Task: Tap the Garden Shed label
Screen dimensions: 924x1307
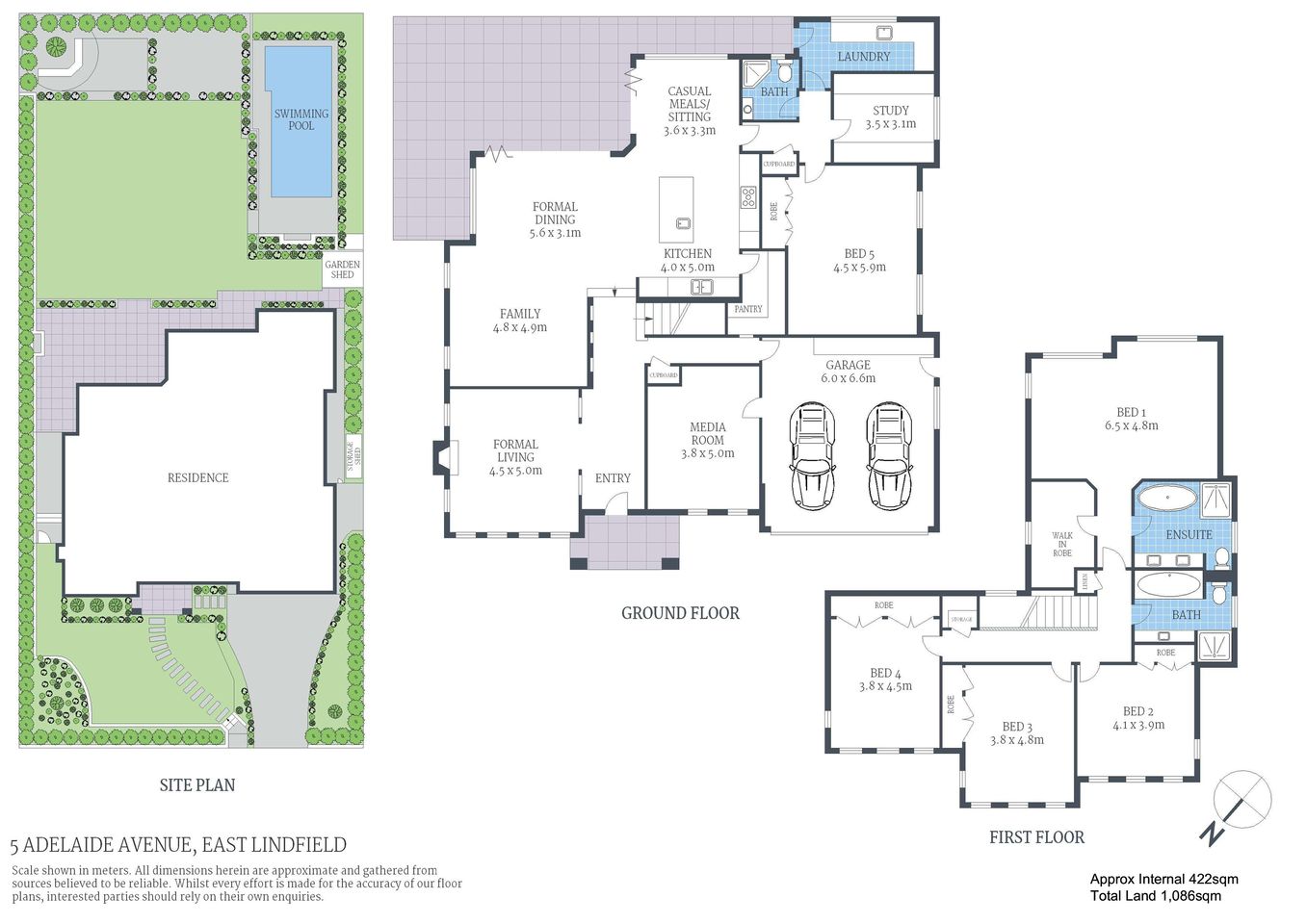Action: (342, 269)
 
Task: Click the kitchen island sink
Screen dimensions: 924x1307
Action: (683, 223)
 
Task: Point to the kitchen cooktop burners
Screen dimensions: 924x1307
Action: (748, 198)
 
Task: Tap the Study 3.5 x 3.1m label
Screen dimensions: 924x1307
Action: (890, 117)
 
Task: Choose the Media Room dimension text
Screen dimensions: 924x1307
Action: (707, 453)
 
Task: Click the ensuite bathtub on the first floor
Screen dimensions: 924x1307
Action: (1165, 500)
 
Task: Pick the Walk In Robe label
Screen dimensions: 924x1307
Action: (1061, 545)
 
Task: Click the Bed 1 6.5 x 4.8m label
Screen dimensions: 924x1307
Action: (1131, 419)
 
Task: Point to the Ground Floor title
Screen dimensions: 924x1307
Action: (680, 613)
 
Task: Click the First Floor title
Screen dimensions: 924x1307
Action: (1036, 837)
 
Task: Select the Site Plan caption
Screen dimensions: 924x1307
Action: (196, 785)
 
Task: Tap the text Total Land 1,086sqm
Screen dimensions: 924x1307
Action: (1155, 896)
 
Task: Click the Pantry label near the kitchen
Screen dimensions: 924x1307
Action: (747, 309)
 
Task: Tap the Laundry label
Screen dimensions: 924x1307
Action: (863, 57)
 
